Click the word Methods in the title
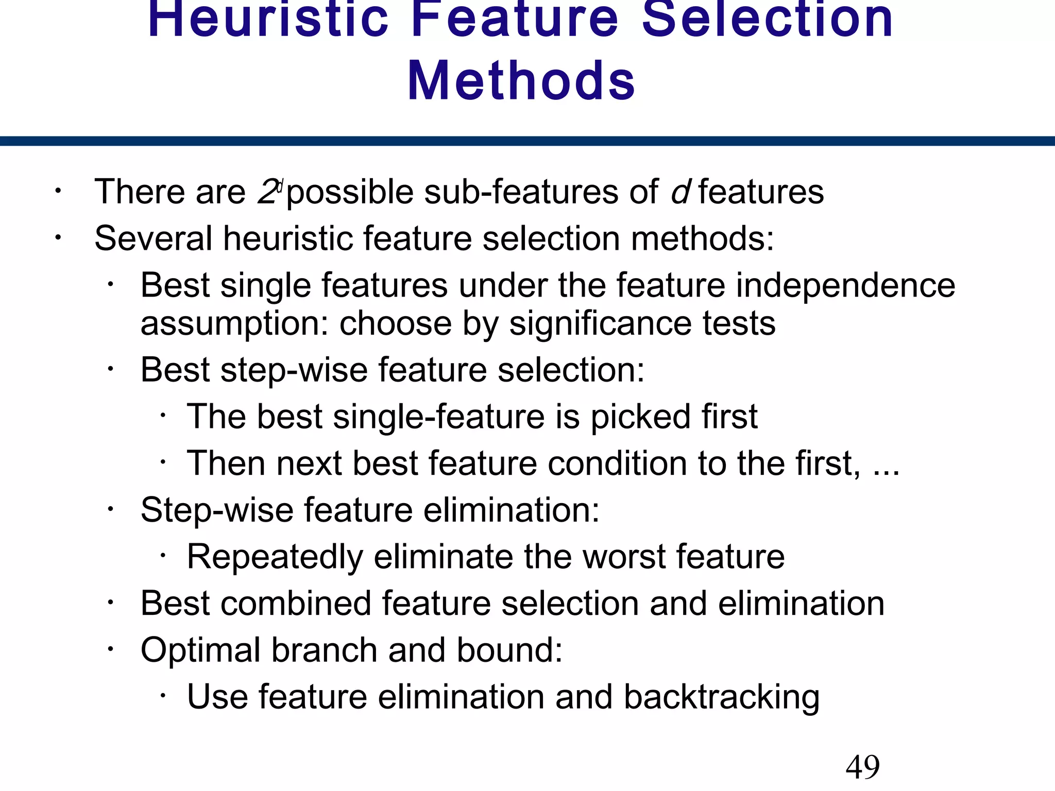(521, 81)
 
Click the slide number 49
(862, 767)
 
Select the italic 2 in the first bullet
(267, 192)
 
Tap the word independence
(845, 286)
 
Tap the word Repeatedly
(275, 557)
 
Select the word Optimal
(200, 650)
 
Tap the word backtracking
(721, 697)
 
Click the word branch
(325, 650)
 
